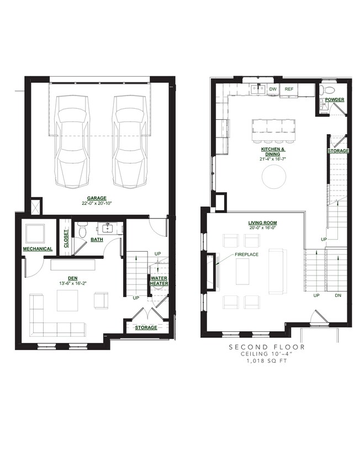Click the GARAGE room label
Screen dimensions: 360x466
(x=97, y=198)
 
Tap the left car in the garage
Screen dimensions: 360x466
(x=72, y=141)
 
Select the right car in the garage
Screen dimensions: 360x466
(x=130, y=141)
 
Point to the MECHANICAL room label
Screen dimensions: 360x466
(x=38, y=249)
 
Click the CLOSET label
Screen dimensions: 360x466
(x=66, y=239)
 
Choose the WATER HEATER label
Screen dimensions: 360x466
(x=159, y=281)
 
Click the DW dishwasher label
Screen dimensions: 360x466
(x=273, y=89)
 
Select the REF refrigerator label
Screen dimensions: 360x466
(x=289, y=89)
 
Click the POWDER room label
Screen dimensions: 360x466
(x=335, y=99)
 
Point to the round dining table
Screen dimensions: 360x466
(x=274, y=176)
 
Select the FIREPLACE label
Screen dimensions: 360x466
(x=246, y=255)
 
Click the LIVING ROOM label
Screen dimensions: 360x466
(x=262, y=223)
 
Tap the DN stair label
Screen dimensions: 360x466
(x=338, y=295)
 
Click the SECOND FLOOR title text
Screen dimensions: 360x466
(x=267, y=347)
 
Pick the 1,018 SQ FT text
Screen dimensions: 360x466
(x=267, y=361)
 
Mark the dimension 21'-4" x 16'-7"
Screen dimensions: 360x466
(x=271, y=159)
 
